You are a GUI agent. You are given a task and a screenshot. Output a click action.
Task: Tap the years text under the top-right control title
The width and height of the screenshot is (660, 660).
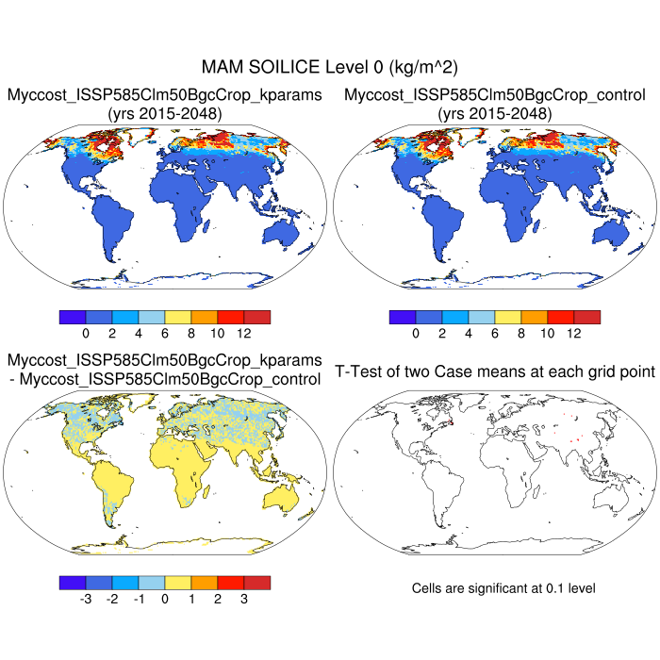point(494,114)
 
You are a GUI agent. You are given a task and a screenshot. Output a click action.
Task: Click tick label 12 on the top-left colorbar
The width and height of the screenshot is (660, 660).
point(244,333)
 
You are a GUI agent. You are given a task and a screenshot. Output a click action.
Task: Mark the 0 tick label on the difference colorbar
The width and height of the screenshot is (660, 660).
point(165,598)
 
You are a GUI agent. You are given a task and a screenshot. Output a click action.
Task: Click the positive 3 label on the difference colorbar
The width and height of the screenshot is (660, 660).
point(244,598)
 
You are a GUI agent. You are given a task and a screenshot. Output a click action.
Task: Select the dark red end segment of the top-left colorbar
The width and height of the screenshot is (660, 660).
point(257,317)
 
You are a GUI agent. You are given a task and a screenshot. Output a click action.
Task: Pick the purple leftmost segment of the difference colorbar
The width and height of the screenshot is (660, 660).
point(72,582)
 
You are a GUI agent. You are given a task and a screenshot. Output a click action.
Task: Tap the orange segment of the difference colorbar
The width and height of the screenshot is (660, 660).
point(205,582)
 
